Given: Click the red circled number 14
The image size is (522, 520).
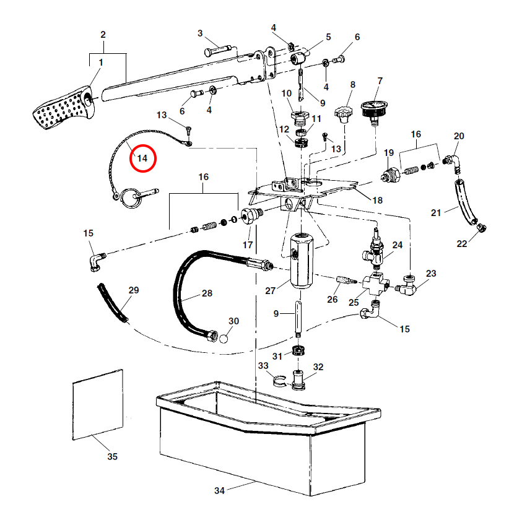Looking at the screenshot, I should point(142,158).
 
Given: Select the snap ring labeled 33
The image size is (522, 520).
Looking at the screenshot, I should point(279,380).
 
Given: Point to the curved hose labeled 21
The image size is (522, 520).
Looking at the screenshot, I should point(464,201).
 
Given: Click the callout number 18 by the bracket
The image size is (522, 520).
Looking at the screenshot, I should point(376,200).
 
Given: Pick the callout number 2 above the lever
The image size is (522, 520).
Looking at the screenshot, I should point(103,33).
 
